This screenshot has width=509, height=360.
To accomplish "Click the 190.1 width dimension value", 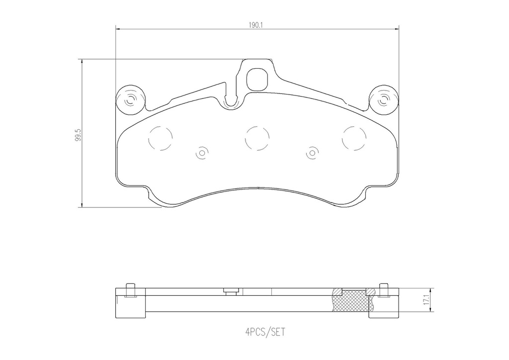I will point(256,23).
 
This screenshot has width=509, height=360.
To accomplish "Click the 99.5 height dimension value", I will point(78,135).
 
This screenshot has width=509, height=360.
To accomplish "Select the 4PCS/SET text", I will point(258,332).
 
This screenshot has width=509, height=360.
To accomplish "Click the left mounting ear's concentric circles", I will point(131,101).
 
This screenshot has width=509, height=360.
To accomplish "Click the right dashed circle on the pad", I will point(354,137).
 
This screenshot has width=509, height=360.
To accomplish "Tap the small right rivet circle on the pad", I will point(312,154).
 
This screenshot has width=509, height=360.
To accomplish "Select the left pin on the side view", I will point(130,290).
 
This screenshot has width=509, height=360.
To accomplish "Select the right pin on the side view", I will point(383,290).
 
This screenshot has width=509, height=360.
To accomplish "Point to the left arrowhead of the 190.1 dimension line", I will point(118,29).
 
